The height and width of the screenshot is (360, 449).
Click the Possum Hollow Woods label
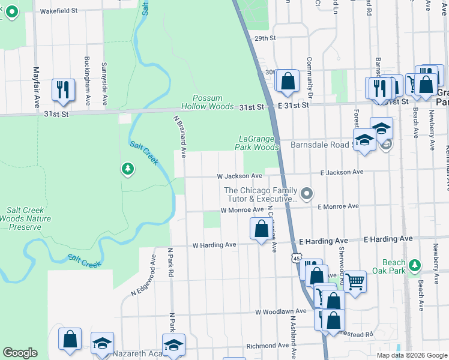tap(207, 102)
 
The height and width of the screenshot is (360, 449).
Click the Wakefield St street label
tap(58, 11)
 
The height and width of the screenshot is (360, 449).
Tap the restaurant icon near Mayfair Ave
tap(63, 90)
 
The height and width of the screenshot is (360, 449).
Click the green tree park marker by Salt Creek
tap(127, 170)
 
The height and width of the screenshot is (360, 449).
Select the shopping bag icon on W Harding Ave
tap(261, 229)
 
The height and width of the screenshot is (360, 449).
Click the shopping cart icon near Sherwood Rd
tap(355, 280)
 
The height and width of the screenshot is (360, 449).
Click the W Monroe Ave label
tap(242, 210)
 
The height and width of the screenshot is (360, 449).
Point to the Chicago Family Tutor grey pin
tap(307, 193)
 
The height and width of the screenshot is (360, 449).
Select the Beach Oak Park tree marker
tap(414, 265)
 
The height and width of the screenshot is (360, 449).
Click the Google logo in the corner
tap(20, 353)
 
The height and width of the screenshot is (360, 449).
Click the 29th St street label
tap(264, 38)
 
